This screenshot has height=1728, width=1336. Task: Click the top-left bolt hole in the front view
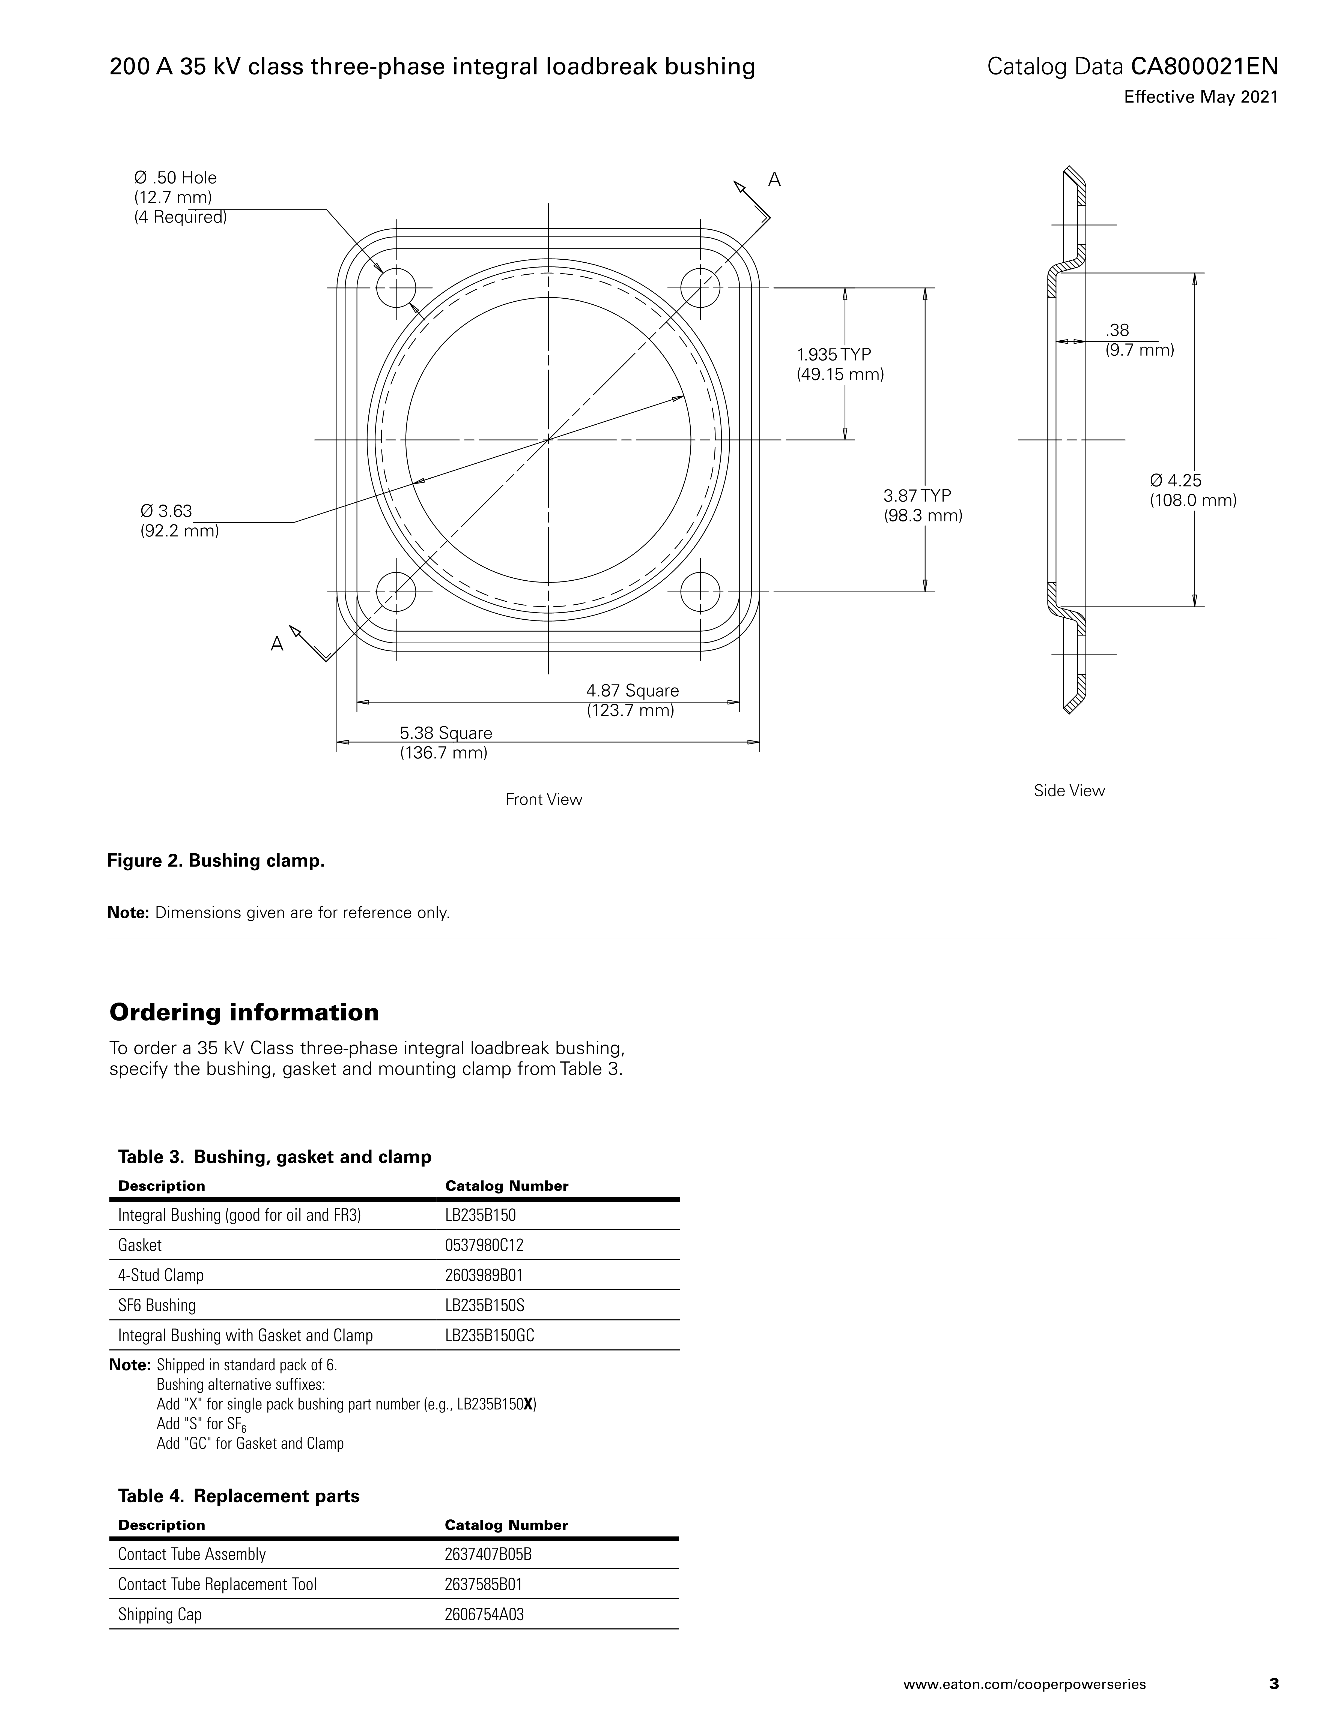click(396, 288)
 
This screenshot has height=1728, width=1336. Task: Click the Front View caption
click(544, 799)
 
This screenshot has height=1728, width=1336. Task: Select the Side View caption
click(1069, 790)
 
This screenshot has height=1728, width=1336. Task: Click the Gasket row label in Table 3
click(140, 1245)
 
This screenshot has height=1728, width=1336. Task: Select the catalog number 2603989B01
click(484, 1276)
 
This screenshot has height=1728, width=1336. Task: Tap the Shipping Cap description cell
click(160, 1614)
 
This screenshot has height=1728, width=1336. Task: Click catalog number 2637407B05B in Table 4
click(488, 1554)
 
